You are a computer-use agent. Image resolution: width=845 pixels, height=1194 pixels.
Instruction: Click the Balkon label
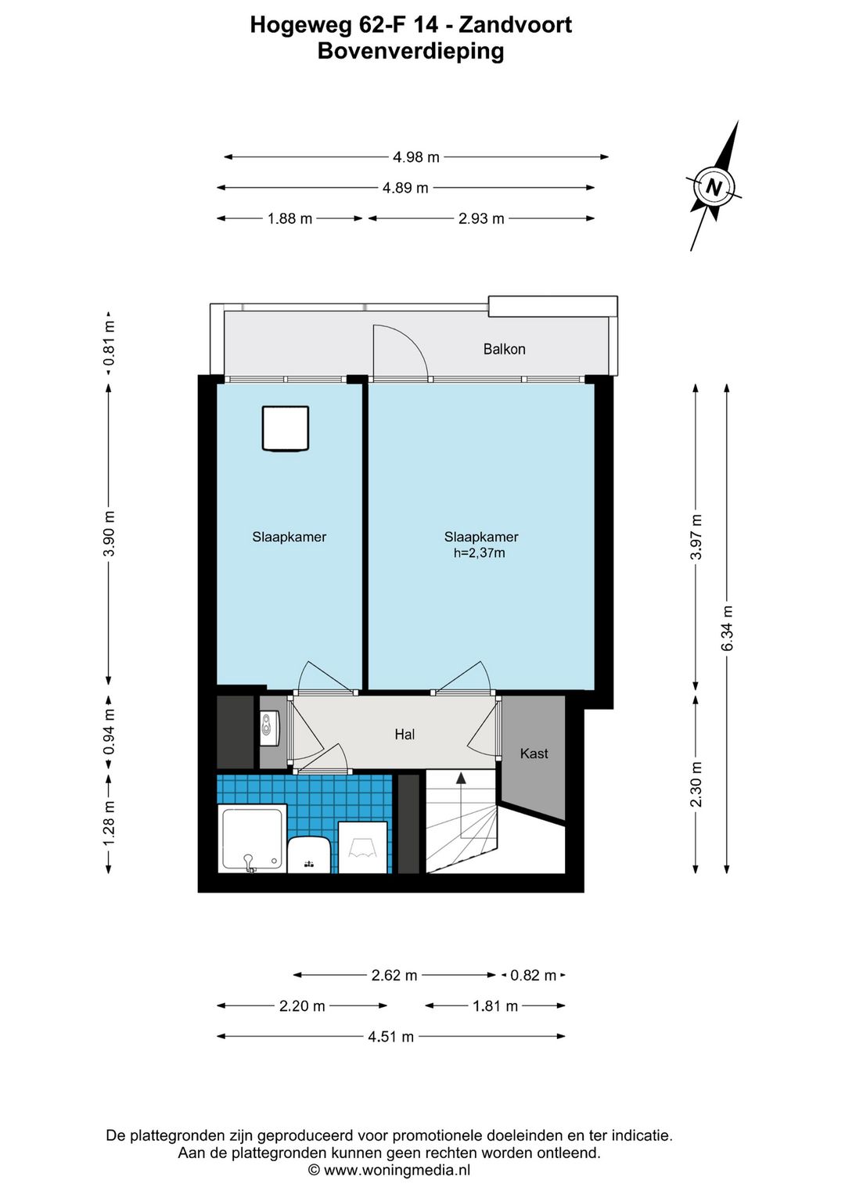tap(504, 349)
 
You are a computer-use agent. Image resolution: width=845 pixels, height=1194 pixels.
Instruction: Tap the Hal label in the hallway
tap(405, 735)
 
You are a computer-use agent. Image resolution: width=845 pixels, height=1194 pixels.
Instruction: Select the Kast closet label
tap(534, 753)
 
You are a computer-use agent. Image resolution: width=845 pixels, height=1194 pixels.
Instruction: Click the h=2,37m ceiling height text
tap(480, 552)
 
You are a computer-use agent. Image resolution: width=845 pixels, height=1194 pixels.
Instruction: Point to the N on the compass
tap(714, 187)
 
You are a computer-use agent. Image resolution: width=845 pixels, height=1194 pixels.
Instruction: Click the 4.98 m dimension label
tap(415, 157)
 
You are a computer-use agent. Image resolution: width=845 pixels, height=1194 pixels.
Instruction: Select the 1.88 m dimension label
tap(289, 218)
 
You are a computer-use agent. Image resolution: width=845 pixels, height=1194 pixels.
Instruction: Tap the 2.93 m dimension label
tap(481, 218)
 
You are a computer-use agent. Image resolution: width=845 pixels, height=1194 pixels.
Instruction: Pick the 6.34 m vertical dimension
tap(727, 628)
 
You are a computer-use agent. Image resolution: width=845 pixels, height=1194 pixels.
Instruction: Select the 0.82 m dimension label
tap(533, 976)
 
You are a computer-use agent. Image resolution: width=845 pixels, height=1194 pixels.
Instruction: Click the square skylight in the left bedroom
tap(286, 429)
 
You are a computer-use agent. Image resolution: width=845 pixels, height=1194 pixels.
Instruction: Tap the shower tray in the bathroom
tap(253, 840)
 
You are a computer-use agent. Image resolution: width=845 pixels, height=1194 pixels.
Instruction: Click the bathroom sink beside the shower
tap(309, 854)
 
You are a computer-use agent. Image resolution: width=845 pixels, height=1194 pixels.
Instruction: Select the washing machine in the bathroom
tap(362, 847)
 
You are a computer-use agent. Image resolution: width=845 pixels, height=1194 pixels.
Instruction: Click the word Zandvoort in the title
tap(516, 24)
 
